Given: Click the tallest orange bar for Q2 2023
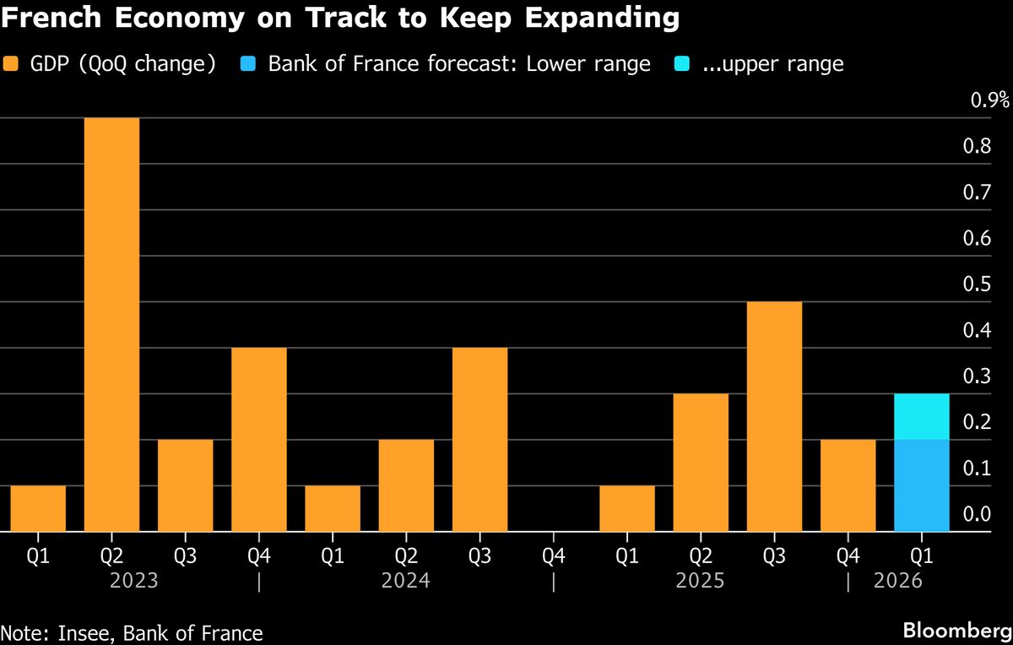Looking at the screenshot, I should [x=111, y=325].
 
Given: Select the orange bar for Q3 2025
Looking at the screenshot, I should [x=774, y=416].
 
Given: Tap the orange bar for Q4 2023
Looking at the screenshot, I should [x=258, y=439].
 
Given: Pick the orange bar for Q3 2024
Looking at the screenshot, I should [x=479, y=439].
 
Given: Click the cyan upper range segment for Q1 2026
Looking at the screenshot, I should [x=921, y=416].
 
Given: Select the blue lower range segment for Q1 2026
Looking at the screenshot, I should [x=921, y=485].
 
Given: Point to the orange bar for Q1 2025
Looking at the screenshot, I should [x=627, y=508].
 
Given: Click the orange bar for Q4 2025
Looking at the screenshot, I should [x=848, y=485].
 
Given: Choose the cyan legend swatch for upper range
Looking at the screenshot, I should [x=685, y=65].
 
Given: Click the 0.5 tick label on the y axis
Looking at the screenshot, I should [x=977, y=285].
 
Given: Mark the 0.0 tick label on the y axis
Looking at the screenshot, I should [x=977, y=514].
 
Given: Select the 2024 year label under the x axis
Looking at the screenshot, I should [x=406, y=582].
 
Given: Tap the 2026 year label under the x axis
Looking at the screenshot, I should [x=898, y=582].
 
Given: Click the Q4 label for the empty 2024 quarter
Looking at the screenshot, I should [x=553, y=556].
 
